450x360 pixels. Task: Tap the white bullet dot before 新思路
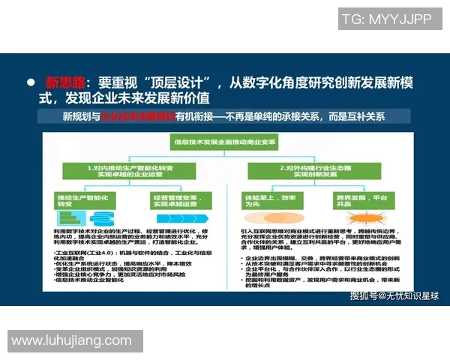[x=31, y=82]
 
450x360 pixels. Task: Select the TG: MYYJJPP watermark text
[x=386, y=19]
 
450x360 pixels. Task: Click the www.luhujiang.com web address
[x=71, y=340]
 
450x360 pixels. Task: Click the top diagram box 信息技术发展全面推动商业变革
[x=223, y=140]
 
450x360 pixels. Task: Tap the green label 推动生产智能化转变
[x=81, y=200]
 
